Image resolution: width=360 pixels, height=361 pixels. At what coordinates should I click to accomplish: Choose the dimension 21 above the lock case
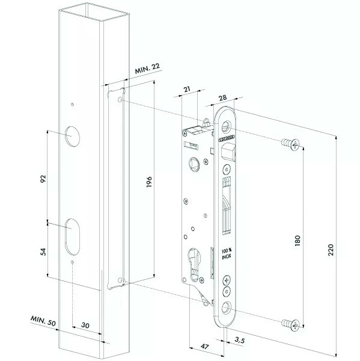(x=187, y=90)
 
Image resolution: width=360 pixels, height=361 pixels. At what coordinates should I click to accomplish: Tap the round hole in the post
(x=72, y=135)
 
